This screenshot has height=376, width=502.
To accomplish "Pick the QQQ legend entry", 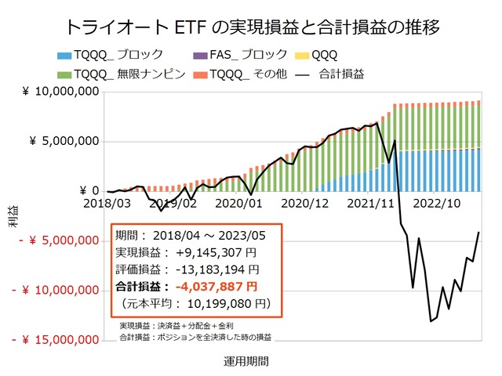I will pyautogui.click(x=317, y=55).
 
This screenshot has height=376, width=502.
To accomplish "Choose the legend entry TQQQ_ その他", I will pyautogui.click(x=256, y=74).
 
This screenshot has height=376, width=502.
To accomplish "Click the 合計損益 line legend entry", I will pyautogui.click(x=334, y=74).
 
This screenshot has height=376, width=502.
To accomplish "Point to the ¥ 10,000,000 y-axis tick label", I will pyautogui.click(x=61, y=92).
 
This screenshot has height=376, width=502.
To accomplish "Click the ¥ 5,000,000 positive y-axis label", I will pyautogui.click(x=65, y=142).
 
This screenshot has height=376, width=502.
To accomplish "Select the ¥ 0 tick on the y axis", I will pyautogui.click(x=87, y=191).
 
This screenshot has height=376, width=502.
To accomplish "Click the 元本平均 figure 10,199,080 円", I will pyautogui.click(x=222, y=302).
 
